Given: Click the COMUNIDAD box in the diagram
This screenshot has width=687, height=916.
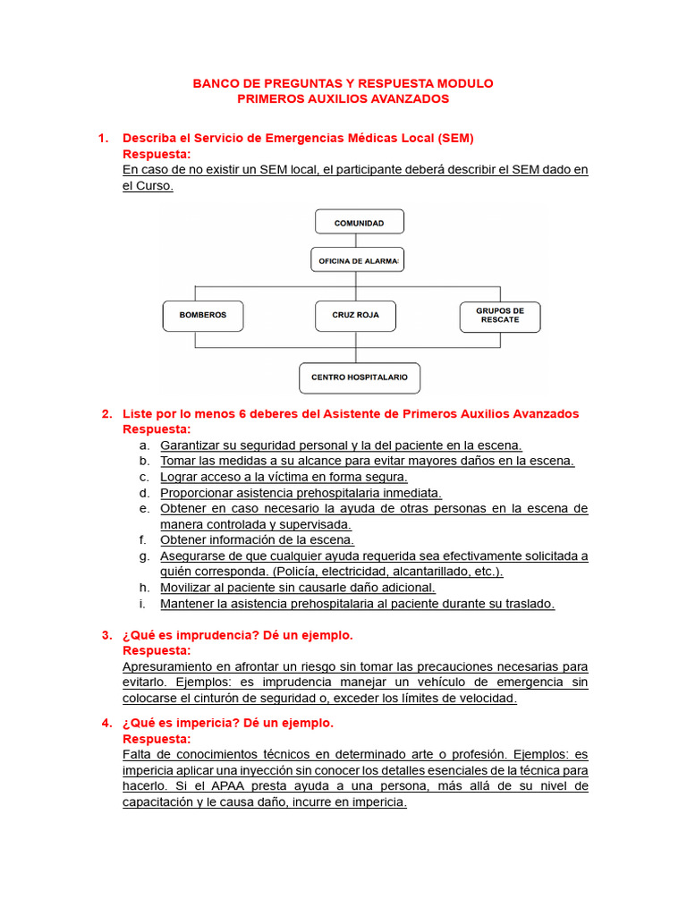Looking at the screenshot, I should coord(359,222).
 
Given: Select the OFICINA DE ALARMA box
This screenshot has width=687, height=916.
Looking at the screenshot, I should coord(358,260).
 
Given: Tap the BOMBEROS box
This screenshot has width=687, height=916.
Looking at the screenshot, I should coord(203,316).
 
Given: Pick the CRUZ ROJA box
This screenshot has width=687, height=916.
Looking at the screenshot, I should coord(356,316).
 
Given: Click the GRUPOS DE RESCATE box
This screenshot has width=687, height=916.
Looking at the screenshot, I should coord(499,315).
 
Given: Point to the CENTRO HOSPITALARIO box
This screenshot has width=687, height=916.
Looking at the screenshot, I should coord(359,377).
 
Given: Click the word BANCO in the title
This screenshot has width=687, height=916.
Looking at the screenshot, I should coord(215,83).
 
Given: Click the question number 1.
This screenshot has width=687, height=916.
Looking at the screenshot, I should coord(103,138).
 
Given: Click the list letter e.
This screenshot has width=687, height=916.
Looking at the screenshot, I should coord(143,508).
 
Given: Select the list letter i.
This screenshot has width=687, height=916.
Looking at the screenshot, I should coord(143,604).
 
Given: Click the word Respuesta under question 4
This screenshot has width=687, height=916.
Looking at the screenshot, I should coord(157,739).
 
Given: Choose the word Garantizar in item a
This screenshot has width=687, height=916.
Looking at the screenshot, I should coord(191,445).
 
